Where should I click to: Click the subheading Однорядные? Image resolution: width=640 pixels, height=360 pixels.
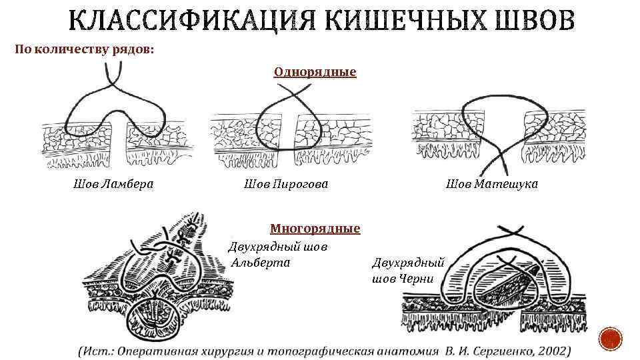click(x=315, y=71)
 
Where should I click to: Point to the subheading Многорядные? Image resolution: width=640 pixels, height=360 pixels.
click(x=315, y=229)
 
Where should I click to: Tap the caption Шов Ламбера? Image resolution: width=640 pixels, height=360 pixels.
click(x=113, y=183)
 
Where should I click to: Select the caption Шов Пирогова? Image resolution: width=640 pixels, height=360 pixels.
click(x=286, y=183)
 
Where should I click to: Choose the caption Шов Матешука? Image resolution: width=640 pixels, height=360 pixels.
click(x=491, y=183)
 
